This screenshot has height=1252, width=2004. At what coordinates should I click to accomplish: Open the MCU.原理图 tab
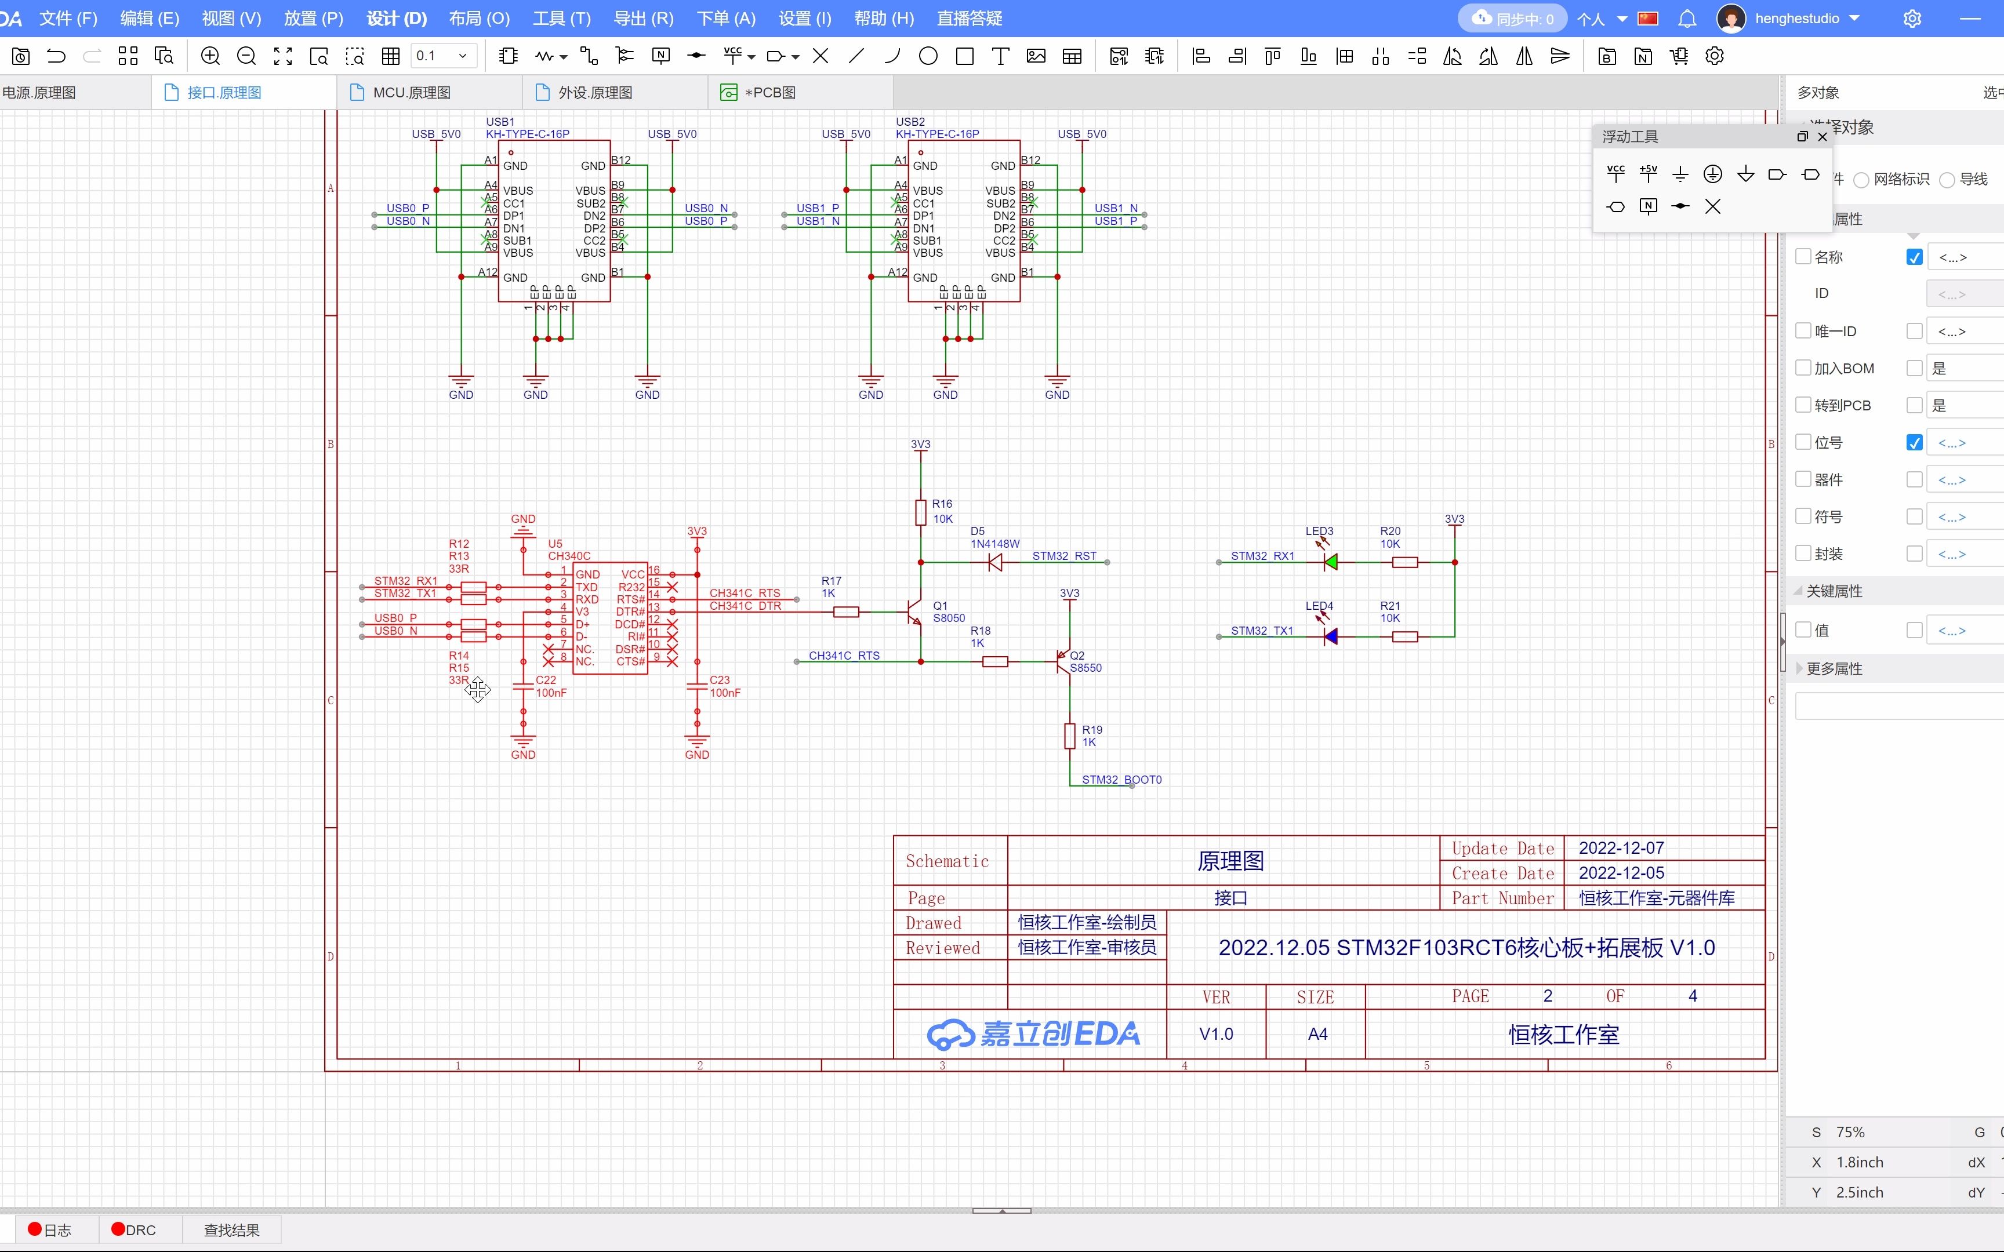click(x=411, y=93)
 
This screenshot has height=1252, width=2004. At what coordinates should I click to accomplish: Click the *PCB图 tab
click(x=769, y=93)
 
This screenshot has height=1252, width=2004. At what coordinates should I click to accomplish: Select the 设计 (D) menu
click(x=397, y=18)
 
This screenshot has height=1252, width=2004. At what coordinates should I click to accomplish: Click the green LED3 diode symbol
click(x=1330, y=562)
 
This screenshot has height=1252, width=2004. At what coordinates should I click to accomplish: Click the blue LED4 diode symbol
click(x=1330, y=637)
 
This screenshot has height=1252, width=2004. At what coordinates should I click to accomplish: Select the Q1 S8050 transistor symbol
click(x=914, y=613)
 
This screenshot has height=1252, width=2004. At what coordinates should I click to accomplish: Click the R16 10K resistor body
click(x=920, y=512)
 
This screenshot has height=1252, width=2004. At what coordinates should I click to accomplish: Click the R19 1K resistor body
click(x=1069, y=736)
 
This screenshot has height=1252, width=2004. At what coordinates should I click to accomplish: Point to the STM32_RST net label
click(x=1063, y=556)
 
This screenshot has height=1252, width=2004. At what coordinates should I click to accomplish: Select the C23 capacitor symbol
click(x=696, y=686)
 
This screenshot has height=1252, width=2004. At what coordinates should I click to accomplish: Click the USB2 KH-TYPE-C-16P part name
click(x=936, y=133)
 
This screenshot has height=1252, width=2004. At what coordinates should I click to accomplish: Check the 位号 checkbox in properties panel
click(x=1803, y=442)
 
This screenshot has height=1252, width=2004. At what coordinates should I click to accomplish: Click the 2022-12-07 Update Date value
click(x=1621, y=848)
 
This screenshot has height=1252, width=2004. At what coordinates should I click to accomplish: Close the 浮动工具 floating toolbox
click(x=1823, y=137)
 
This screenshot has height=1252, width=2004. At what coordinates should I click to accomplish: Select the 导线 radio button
click(x=1947, y=180)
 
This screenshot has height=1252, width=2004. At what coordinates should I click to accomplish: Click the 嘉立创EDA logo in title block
click(x=1033, y=1033)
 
